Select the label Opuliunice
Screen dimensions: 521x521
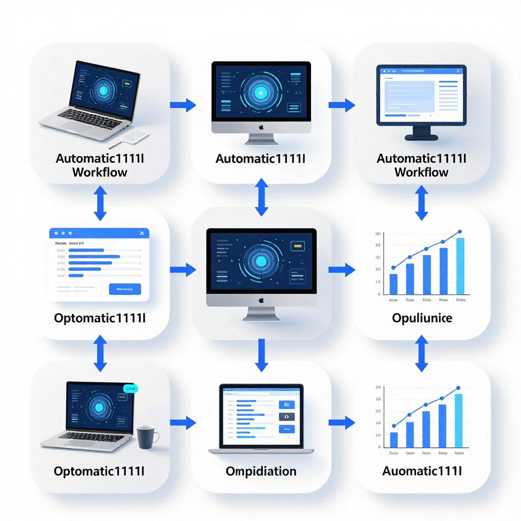click(422, 318)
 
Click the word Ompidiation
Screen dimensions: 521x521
click(260, 471)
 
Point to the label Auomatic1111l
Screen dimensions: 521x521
click(422, 471)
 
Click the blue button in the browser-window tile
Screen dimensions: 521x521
click(125, 289)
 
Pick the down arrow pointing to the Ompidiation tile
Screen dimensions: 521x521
click(261, 355)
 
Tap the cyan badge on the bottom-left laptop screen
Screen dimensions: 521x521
click(131, 389)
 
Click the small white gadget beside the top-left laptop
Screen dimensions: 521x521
click(136, 136)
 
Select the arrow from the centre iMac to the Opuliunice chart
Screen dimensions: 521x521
click(342, 270)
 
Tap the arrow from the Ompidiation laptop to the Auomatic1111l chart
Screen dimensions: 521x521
click(342, 422)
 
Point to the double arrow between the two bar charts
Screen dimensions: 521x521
click(421, 352)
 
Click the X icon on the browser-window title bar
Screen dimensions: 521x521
click(141, 233)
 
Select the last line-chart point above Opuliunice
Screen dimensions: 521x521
click(459, 231)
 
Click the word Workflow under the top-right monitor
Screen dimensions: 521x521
click(421, 172)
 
